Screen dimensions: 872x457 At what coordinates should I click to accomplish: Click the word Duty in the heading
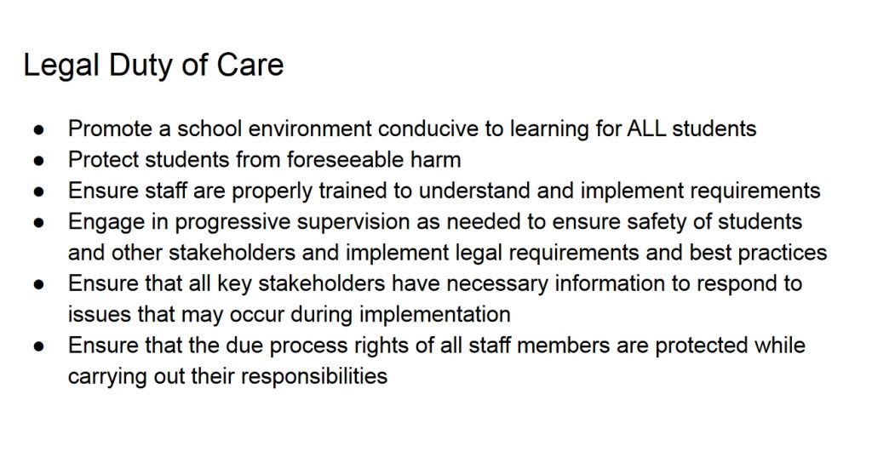[141, 66]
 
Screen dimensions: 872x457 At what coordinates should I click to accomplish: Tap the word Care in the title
[250, 65]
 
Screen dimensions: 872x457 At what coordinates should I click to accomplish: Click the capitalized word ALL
[647, 129]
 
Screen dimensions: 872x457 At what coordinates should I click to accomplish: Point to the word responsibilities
[314, 377]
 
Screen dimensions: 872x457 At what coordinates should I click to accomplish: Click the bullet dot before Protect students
[38, 161]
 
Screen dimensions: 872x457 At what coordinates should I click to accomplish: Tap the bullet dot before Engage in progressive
[38, 222]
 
